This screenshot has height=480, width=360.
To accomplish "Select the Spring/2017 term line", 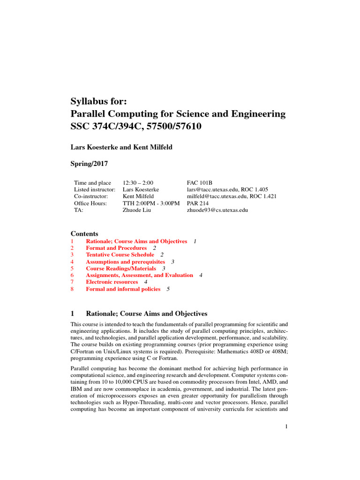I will tap(90, 165).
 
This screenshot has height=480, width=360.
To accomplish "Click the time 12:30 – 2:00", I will tap(138, 182).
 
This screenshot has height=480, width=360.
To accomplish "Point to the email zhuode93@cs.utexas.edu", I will tap(217, 210).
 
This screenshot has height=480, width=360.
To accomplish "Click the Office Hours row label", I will tap(90, 203).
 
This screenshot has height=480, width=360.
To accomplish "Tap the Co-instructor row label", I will tap(91, 196).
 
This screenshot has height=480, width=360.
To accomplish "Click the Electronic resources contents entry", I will tap(112, 282).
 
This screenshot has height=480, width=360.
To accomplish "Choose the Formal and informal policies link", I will tap(123, 289).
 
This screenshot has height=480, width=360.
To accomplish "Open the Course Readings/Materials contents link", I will tap(121, 268).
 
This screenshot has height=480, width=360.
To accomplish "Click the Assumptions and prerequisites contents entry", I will tap(125, 262).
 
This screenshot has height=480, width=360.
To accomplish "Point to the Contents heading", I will tap(84, 233).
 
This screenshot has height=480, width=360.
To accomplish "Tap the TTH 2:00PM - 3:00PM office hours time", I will tap(151, 203).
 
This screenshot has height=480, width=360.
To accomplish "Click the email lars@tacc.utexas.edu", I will tap(212, 189).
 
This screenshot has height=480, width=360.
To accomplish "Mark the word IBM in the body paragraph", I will tap(76, 375).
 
